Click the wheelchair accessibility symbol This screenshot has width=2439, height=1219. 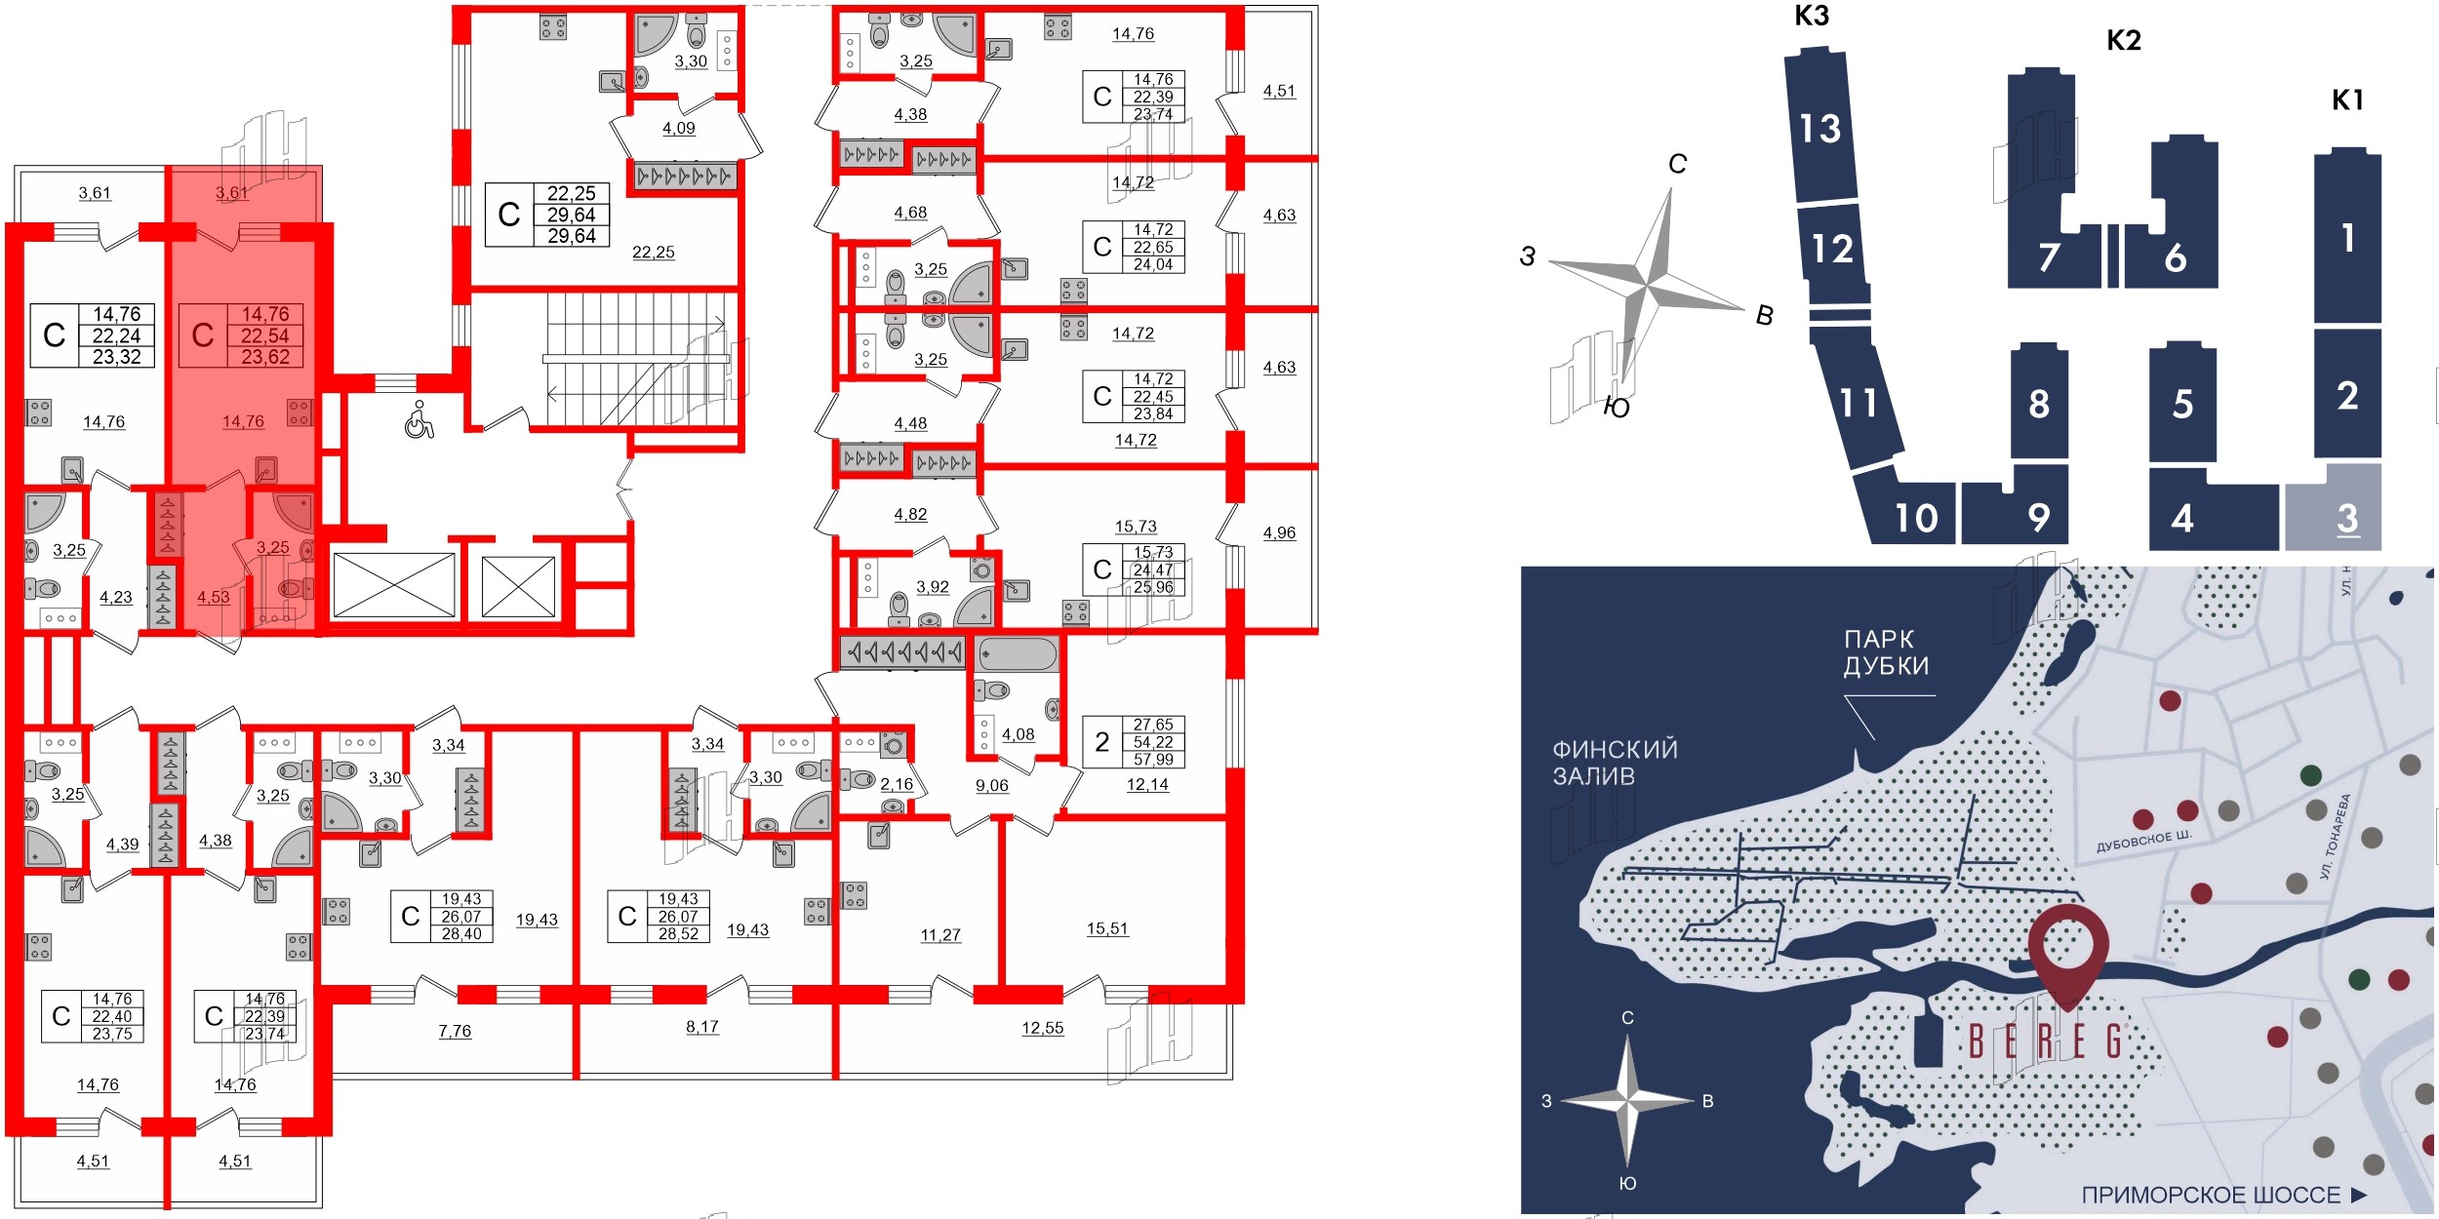point(420,420)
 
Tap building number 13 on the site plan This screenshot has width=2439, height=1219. point(1819,129)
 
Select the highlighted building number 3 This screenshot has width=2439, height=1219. point(2347,518)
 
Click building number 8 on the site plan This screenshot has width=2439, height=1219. point(2039,404)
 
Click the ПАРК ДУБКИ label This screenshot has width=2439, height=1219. point(1886,652)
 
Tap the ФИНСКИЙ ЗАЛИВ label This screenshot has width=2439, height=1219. point(1615,763)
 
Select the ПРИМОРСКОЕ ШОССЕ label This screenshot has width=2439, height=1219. point(2210,1195)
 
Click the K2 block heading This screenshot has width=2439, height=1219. point(2124,41)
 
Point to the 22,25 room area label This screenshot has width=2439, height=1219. point(653,253)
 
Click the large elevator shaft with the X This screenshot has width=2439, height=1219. point(394,585)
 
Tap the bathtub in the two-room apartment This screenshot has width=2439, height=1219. point(1018,653)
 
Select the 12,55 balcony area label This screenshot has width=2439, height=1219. point(1042,1028)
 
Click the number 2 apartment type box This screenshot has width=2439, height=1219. point(1102,742)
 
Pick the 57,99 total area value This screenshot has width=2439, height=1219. point(1153,760)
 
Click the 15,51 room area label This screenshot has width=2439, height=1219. point(1107,928)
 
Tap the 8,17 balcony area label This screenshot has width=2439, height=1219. point(702,1027)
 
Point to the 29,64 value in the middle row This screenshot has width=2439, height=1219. point(572,215)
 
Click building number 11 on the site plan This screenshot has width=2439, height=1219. point(1858,403)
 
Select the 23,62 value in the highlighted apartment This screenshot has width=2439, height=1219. point(265,357)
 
